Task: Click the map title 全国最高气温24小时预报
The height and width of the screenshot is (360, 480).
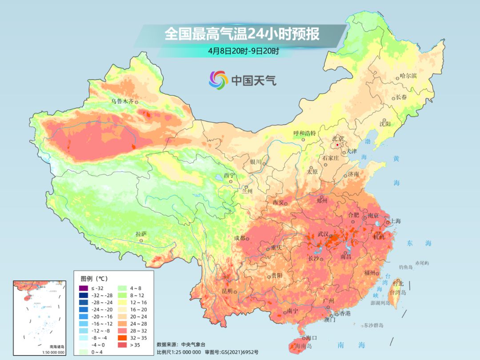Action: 242,34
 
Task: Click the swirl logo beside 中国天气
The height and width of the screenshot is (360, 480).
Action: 218,80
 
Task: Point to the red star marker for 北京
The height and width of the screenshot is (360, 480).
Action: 338,145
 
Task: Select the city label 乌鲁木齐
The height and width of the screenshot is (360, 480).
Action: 122,101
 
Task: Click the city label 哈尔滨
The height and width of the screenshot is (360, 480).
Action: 408,76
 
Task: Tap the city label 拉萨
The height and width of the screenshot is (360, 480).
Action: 141,234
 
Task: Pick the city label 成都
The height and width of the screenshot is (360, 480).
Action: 239,238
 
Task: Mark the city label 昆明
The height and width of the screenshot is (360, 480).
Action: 227,291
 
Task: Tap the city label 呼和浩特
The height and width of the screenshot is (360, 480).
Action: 304,133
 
